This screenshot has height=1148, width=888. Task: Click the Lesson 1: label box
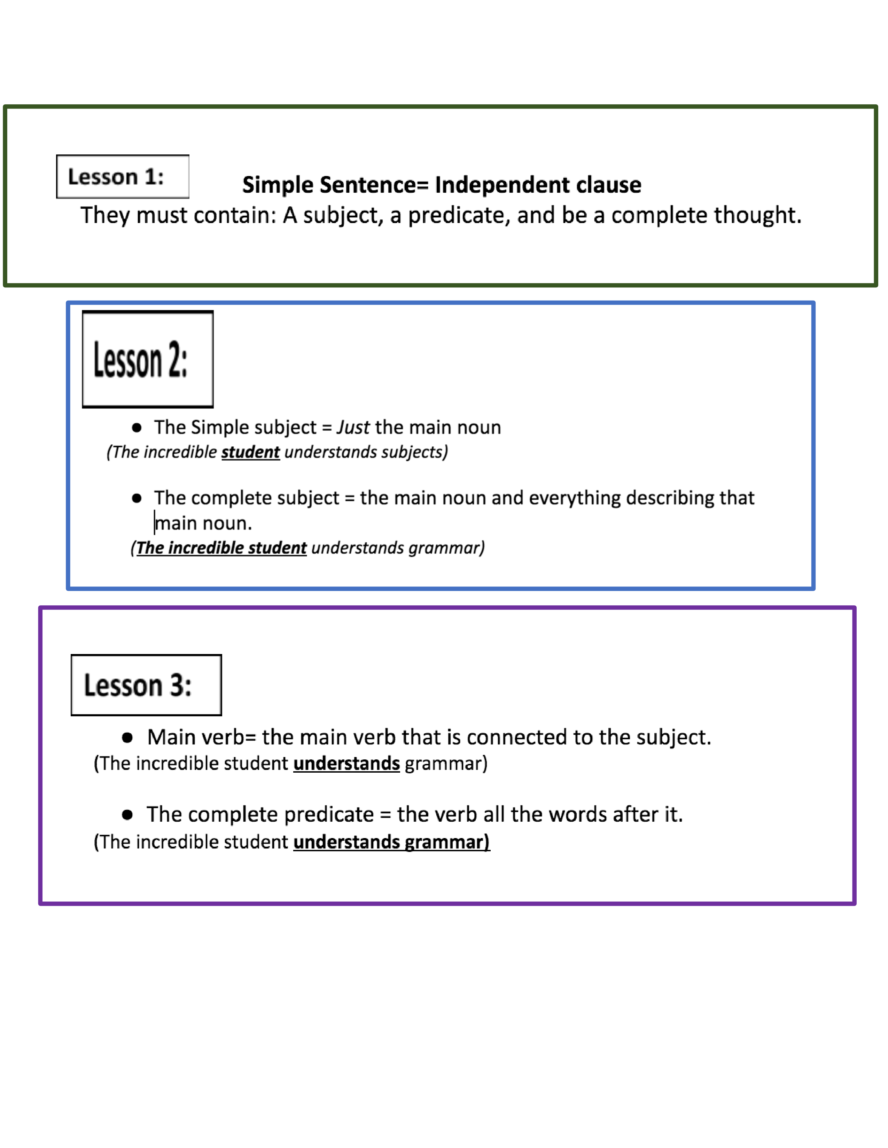pyautogui.click(x=123, y=177)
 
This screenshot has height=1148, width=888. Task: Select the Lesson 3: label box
pyautogui.click(x=146, y=685)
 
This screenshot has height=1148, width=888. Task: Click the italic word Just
pyautogui.click(x=353, y=427)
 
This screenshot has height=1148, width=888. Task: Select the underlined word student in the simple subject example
pyautogui.click(x=250, y=452)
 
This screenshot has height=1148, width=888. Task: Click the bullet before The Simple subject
pyautogui.click(x=137, y=427)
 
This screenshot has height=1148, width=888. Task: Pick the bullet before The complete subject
pyautogui.click(x=137, y=498)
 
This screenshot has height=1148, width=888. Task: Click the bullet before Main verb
pyautogui.click(x=127, y=738)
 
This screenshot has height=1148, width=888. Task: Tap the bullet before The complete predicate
pyautogui.click(x=127, y=815)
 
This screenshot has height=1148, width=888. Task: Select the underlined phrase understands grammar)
pyautogui.click(x=391, y=842)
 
